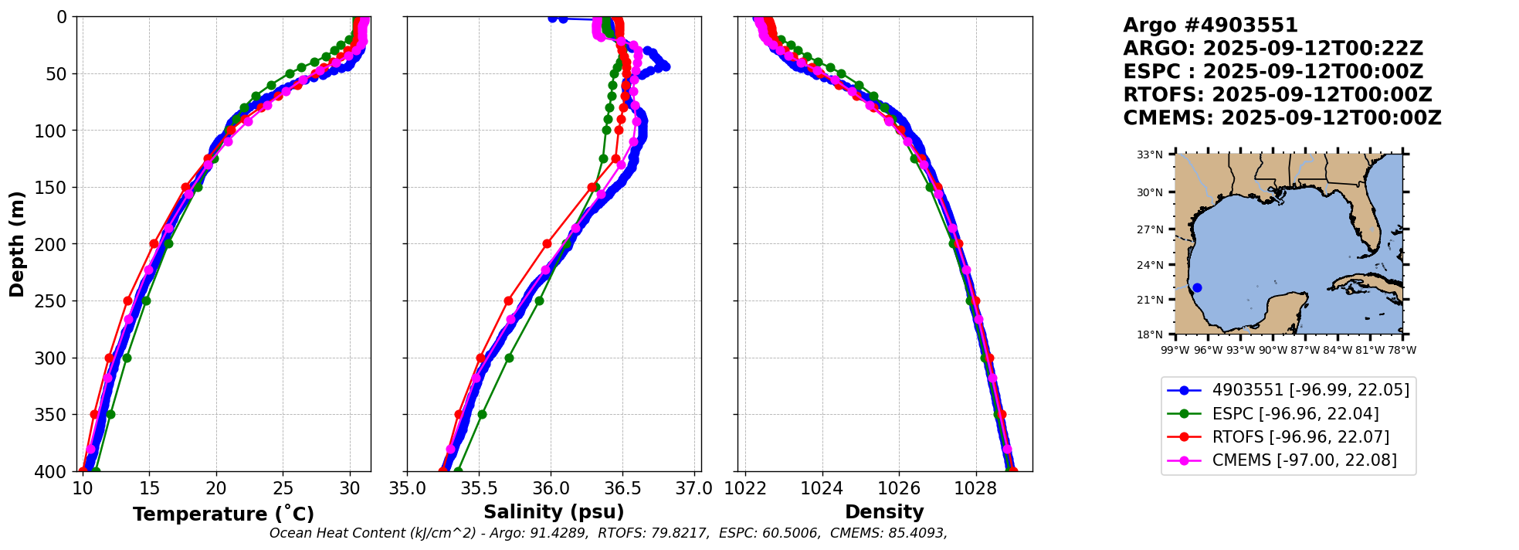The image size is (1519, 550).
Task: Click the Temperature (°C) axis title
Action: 223,514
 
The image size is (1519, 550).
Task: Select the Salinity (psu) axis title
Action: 554,512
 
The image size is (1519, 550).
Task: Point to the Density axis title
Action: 884,512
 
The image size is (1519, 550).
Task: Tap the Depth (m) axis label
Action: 17,243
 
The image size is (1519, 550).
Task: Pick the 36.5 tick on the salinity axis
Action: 622,488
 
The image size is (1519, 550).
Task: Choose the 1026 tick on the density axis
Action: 899,488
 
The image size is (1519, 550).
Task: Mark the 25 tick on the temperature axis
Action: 283,488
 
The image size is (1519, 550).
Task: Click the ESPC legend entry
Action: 1295,414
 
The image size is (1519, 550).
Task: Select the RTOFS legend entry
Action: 1300,437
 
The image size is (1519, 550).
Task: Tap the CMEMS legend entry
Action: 1304,460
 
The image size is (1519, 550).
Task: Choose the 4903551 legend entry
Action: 1310,390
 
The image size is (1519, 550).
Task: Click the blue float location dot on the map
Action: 1197,287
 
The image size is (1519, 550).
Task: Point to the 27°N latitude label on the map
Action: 1150,229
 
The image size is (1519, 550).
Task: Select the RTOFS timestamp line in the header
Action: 1277,95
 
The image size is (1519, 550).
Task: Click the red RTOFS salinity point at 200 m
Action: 547,243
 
